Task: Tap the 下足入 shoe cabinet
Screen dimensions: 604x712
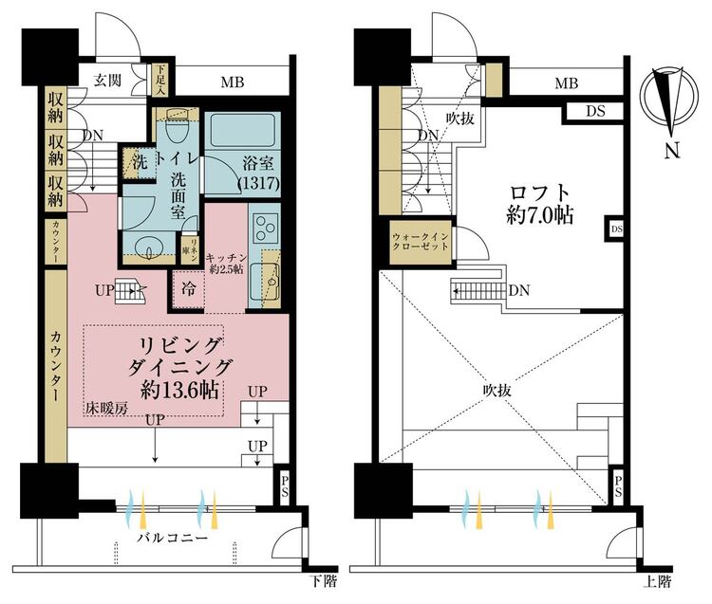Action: (x=161, y=81)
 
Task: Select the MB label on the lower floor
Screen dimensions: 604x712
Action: (x=233, y=82)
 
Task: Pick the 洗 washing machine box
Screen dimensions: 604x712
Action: (x=139, y=161)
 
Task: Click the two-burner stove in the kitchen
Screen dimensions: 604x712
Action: (x=264, y=226)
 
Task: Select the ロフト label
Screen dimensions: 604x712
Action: (x=538, y=188)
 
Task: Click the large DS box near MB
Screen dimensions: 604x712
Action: (x=594, y=111)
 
